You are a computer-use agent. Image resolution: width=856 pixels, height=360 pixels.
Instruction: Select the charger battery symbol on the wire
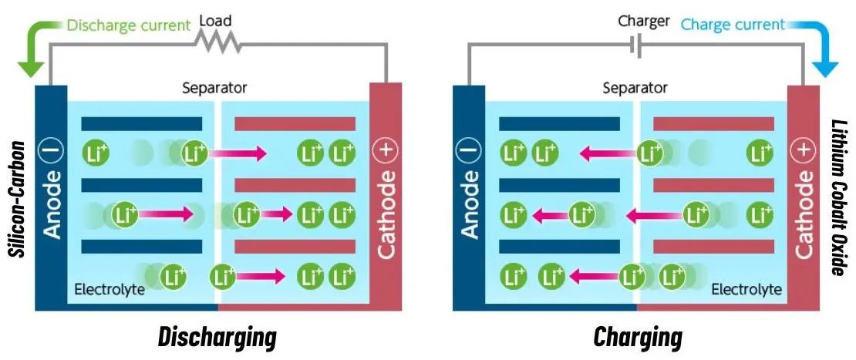click(635, 46)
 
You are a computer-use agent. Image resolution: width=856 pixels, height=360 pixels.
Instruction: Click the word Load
click(215, 21)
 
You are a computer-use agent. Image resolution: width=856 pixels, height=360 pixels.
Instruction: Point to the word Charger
click(643, 21)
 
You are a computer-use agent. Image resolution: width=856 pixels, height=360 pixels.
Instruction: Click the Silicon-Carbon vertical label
click(15, 199)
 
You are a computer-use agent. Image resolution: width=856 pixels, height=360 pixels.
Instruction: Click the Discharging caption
click(217, 337)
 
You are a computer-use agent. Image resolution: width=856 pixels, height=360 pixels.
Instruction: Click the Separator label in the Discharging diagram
click(214, 88)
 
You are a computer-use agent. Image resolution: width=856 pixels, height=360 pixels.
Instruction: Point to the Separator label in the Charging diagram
click(635, 88)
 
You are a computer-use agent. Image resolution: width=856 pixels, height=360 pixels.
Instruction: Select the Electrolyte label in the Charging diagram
click(746, 290)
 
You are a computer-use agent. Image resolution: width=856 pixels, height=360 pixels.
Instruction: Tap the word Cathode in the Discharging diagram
click(386, 214)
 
